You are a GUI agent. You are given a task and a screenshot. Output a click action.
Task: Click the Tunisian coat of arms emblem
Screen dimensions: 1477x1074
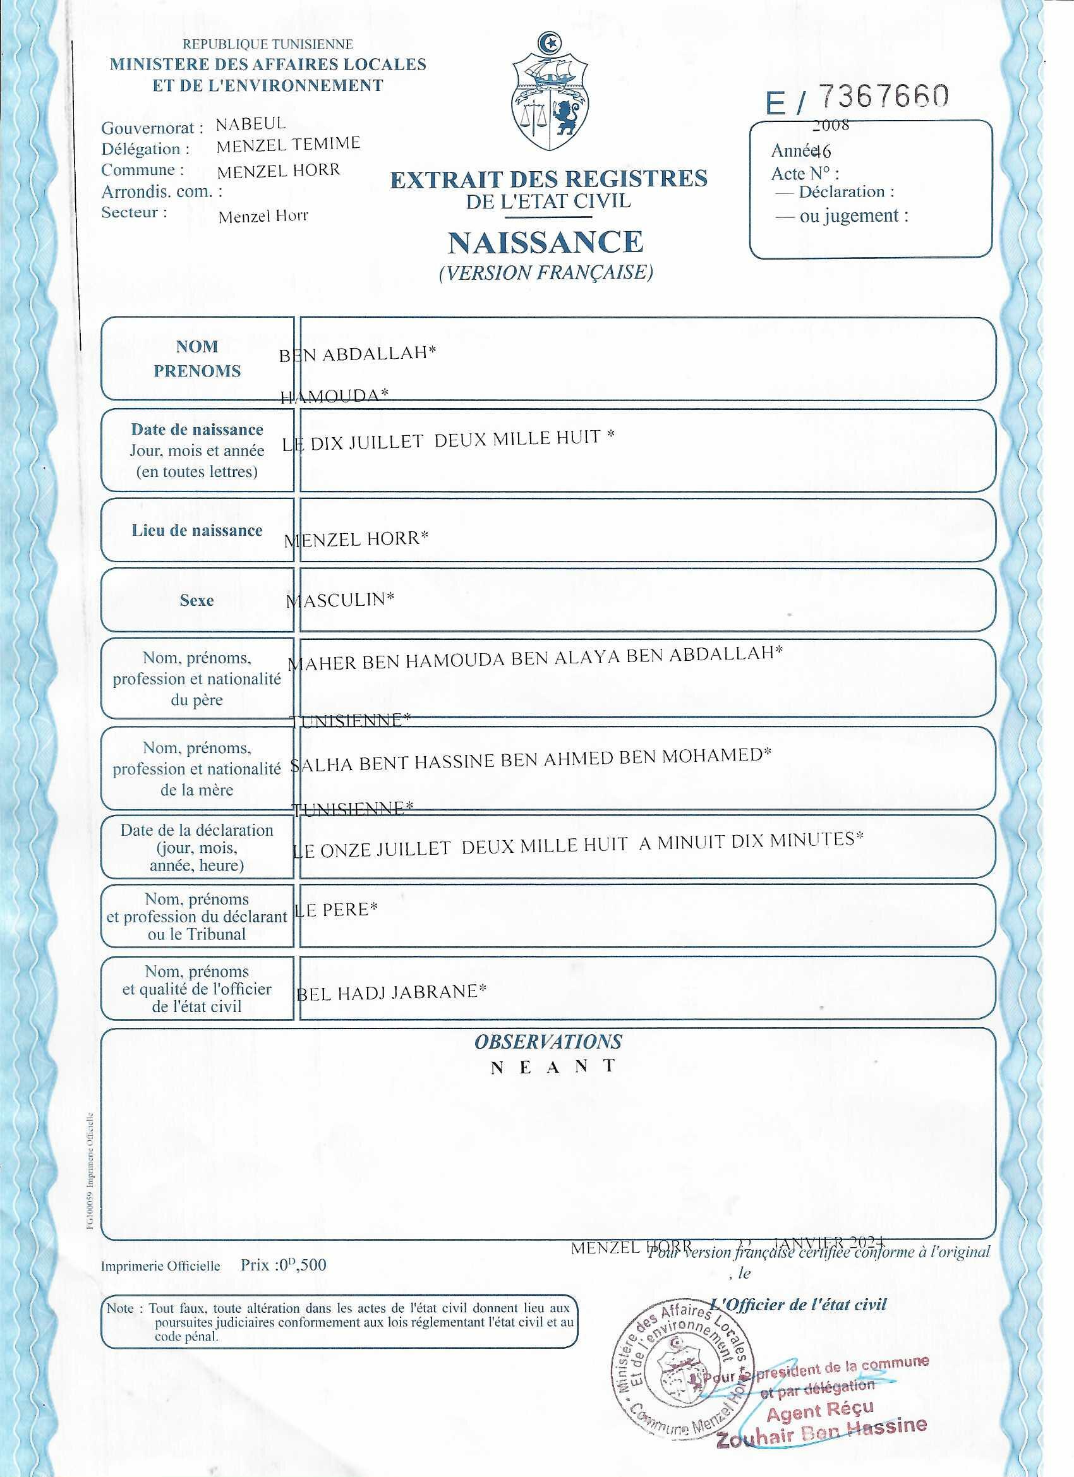tap(550, 91)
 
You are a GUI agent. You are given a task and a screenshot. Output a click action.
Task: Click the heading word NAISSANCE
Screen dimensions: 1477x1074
tap(545, 241)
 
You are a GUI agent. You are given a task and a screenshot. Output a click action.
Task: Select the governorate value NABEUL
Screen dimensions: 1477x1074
tap(251, 124)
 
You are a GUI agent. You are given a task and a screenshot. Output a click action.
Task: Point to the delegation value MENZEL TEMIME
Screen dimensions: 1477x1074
tap(288, 145)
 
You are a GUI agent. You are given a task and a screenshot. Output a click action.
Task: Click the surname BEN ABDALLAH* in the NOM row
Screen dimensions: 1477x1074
tap(357, 354)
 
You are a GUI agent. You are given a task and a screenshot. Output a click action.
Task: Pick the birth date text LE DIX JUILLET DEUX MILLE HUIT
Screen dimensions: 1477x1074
tap(448, 440)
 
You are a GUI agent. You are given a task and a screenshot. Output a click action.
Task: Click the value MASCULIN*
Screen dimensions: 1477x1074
tap(340, 599)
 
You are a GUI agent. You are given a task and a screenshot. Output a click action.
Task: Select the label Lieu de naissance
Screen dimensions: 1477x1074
tap(196, 530)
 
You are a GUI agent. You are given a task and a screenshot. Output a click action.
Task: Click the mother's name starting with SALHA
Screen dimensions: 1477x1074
tap(530, 758)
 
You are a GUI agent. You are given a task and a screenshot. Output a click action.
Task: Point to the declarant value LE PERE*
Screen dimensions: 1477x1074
tap(336, 910)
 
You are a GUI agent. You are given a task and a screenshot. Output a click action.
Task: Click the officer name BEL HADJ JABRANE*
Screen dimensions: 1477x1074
tap(392, 992)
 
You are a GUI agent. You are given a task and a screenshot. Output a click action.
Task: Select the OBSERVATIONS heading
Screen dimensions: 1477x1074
tap(548, 1041)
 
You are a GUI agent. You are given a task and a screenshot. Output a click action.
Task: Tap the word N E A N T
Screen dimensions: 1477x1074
tap(553, 1067)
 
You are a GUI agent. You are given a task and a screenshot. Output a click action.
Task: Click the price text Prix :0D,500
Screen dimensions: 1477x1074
tap(283, 1265)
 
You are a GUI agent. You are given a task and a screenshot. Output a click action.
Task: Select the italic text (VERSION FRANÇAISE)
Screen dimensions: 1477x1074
tap(546, 272)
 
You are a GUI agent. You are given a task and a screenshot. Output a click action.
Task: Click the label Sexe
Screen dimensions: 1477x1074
tap(196, 600)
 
